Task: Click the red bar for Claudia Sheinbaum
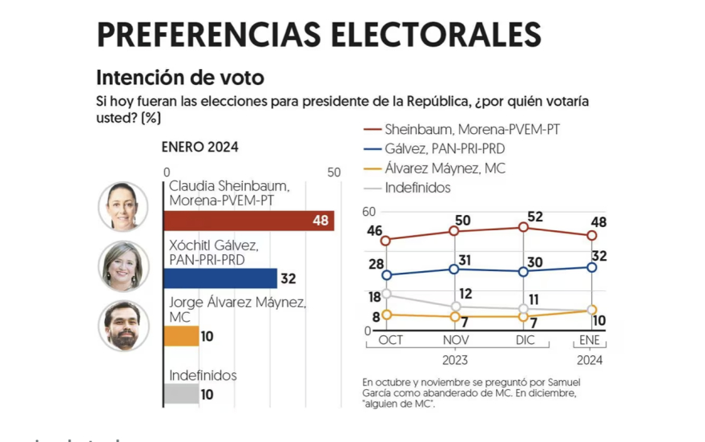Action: tap(248, 221)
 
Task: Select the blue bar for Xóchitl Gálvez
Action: tap(220, 278)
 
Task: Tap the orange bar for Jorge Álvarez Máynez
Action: tap(180, 335)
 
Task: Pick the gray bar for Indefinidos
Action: tap(180, 394)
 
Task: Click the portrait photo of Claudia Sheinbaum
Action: tap(123, 206)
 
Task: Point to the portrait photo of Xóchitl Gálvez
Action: tap(123, 266)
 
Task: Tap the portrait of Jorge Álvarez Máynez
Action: tap(123, 326)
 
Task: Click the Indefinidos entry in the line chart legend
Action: tap(417, 188)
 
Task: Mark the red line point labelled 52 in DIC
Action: tap(523, 227)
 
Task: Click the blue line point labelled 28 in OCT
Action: tap(386, 275)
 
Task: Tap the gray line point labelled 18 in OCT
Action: tap(386, 294)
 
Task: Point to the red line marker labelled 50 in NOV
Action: tap(454, 231)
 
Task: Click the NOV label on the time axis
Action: tap(454, 341)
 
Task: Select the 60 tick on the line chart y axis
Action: tap(369, 211)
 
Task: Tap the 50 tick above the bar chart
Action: tap(333, 172)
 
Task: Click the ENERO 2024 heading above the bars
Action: tap(199, 148)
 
